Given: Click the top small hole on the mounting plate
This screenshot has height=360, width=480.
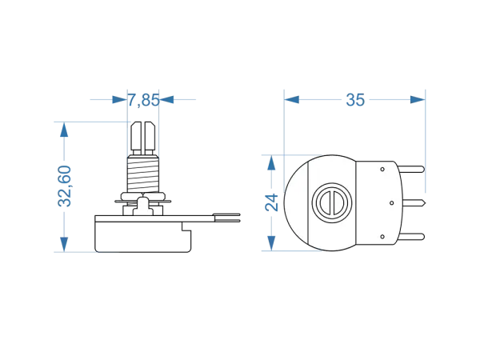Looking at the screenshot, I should point(383,169).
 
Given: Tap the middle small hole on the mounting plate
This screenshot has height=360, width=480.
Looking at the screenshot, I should point(391,203).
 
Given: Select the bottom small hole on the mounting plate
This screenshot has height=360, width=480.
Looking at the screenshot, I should point(383,237).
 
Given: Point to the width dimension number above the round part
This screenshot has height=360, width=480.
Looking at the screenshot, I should point(355,100).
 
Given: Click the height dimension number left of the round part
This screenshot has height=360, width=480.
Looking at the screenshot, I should point(273,203).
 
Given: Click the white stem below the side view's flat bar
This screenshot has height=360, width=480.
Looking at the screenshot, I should point(143,209).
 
